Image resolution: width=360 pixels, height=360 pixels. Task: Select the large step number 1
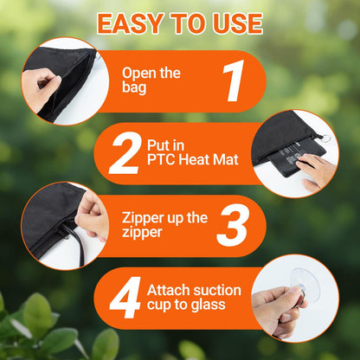(x=233, y=80)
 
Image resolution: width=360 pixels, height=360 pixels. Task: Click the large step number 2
(x=125, y=153)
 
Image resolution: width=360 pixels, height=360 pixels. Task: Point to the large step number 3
(x=234, y=225)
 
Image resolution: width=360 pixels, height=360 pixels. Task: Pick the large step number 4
(x=125, y=298)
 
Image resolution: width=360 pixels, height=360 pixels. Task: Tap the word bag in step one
(x=134, y=88)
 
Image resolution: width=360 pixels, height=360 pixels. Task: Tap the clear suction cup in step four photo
(x=305, y=286)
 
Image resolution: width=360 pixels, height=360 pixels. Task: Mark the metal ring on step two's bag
(x=327, y=139)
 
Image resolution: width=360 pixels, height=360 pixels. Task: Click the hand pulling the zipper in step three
(x=93, y=215)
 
